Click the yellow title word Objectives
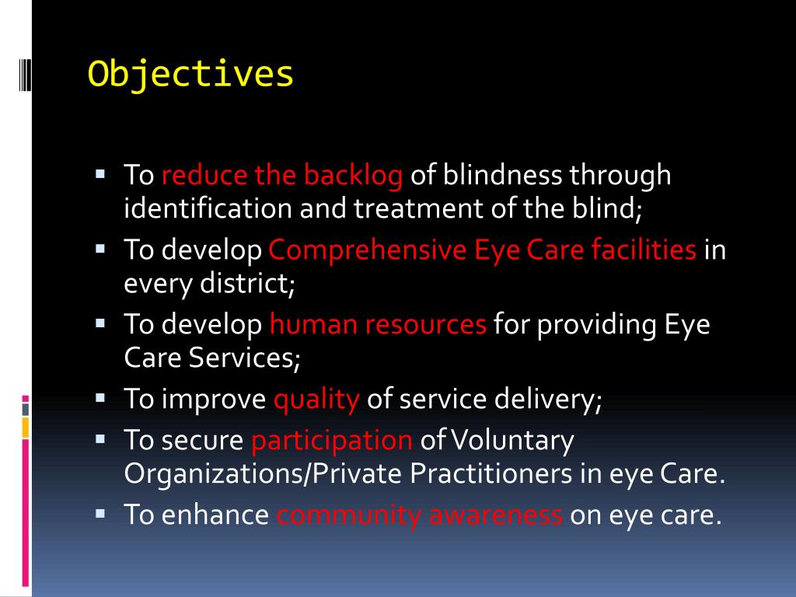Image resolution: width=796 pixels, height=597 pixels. tap(190, 74)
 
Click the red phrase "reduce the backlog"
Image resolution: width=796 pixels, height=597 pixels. tap(281, 176)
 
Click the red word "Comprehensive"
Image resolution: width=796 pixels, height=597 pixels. tap(367, 250)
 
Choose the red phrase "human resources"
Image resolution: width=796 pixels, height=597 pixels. tap(378, 325)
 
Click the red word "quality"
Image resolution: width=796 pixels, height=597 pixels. tap(316, 400)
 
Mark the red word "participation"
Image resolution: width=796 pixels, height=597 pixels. tap(331, 441)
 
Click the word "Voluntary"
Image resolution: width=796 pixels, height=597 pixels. tap(513, 441)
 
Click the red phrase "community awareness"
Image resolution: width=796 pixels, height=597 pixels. tap(419, 515)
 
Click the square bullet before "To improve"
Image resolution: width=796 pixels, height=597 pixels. tap(100, 397)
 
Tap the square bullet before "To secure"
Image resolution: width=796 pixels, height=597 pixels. tap(100, 438)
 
